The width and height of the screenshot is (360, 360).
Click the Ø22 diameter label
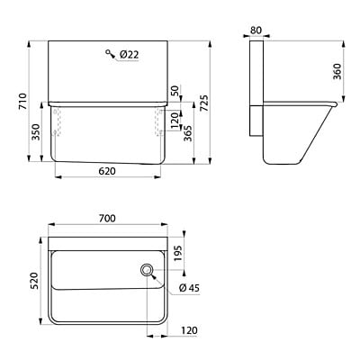129,55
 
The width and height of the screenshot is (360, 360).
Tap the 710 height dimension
22,102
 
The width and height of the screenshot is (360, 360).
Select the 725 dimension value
203,103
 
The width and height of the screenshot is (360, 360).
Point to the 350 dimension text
36,132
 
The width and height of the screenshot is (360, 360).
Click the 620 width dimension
107,171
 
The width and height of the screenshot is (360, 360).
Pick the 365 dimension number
188,133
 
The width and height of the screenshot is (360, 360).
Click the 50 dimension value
175,91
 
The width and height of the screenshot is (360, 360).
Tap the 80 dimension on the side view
256,31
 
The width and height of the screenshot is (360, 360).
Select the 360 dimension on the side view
337,71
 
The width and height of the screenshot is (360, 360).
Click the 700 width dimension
107,219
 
